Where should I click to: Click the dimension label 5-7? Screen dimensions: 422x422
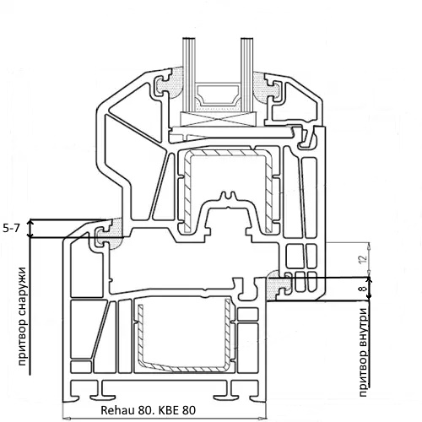click(x=12, y=229)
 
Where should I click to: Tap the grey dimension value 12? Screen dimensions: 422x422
click(x=364, y=259)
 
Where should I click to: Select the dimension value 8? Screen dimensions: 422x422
click(x=363, y=289)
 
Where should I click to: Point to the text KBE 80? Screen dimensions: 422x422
click(x=177, y=410)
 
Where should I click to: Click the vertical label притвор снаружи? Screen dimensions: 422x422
click(x=22, y=316)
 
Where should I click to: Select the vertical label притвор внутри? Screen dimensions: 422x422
click(x=363, y=352)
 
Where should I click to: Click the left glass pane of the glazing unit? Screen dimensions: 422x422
click(x=189, y=75)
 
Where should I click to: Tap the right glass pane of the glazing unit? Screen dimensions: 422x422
click(x=247, y=75)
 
